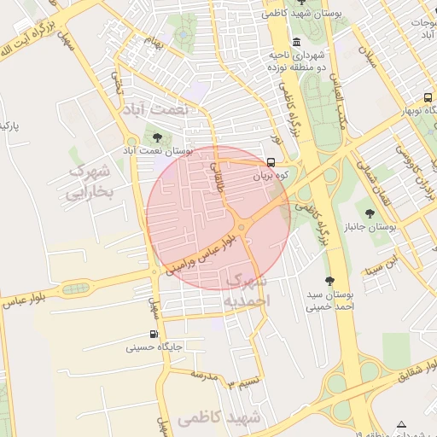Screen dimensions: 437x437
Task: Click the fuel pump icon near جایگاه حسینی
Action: coord(154,334)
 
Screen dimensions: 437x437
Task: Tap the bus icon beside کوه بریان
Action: coord(271,162)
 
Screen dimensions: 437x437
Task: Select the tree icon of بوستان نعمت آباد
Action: coord(157,137)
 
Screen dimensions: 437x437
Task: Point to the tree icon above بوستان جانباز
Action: coord(370,213)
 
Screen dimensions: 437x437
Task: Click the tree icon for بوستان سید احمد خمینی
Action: coord(329,280)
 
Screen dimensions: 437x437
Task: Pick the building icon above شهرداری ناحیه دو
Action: coord(296,43)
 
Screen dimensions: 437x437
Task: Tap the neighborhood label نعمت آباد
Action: coord(177,110)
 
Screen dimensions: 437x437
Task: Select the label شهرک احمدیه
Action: coord(246,291)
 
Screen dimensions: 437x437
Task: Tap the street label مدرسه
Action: coord(206,376)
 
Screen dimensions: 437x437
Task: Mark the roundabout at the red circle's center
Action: coord(243,226)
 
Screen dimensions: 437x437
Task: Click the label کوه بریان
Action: coord(273,177)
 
